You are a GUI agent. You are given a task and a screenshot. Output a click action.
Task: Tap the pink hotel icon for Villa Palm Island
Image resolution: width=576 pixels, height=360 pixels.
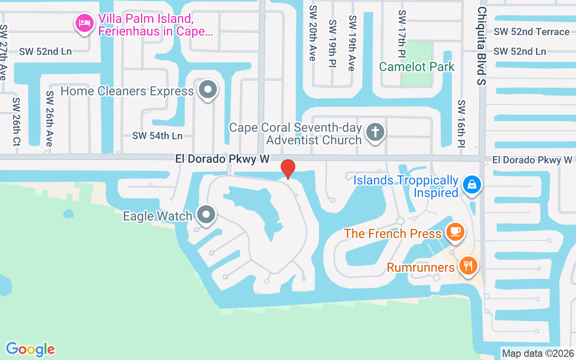coord(85,23)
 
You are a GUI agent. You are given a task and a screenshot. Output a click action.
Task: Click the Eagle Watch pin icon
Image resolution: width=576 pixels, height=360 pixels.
coord(207,215)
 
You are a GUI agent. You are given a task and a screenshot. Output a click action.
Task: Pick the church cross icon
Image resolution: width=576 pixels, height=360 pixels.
coord(375,132)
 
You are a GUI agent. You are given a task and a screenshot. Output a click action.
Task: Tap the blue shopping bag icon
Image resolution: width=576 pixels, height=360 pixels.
coord(472,184)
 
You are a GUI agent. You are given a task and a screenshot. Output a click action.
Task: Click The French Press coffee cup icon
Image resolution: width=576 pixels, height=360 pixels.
coord(455,231)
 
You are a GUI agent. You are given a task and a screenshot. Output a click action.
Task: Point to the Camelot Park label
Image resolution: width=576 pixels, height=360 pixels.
coord(417,67)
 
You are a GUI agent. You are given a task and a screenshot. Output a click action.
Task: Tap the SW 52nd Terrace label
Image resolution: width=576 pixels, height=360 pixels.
coord(531,32)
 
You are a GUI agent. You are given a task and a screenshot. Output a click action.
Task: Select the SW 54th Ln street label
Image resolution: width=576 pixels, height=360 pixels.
coord(157,135)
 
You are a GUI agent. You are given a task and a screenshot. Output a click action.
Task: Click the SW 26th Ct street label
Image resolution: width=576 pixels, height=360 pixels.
coord(17,121)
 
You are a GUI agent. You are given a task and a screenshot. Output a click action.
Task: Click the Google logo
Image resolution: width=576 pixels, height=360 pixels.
coord(30,349)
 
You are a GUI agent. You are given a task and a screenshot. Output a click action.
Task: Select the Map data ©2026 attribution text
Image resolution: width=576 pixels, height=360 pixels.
coord(538,354)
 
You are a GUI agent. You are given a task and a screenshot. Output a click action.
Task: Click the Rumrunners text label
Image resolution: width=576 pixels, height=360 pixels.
coord(421,268)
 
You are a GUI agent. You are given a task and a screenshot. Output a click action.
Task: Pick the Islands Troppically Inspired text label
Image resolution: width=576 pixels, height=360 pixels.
coord(406,187)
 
